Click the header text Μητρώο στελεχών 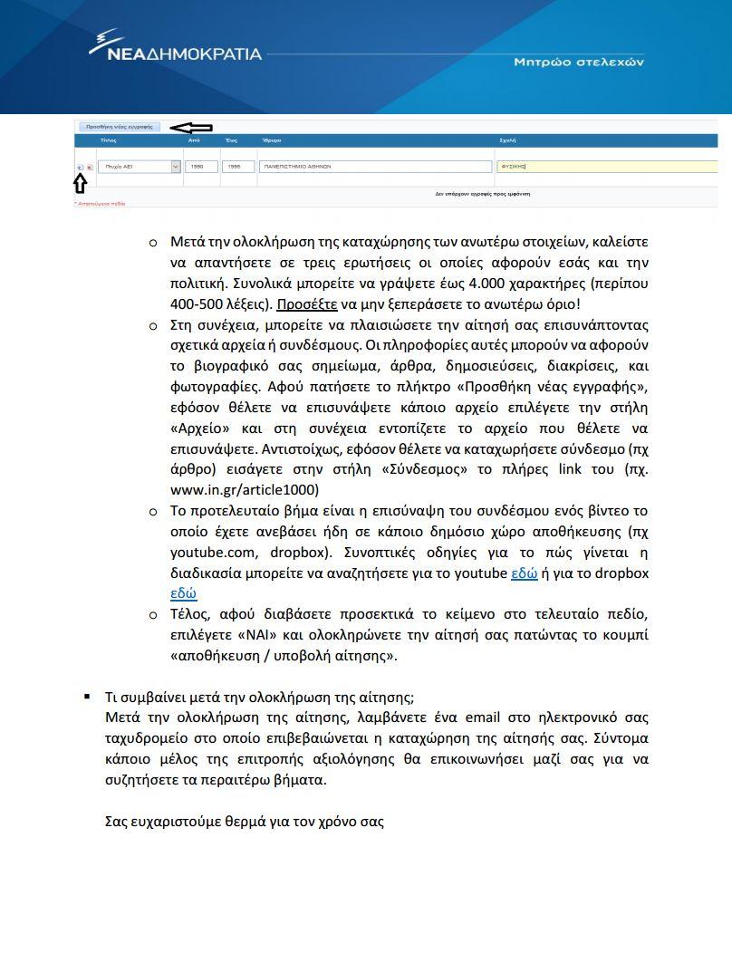(x=579, y=63)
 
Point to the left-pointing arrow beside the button (x=191, y=128)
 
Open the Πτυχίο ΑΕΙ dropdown (x=175, y=167)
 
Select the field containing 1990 (x=200, y=167)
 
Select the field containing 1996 (x=237, y=167)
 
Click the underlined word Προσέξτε (x=306, y=304)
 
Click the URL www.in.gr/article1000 (x=245, y=490)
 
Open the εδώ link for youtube (x=525, y=573)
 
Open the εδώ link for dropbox (x=183, y=594)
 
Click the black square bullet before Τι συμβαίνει (x=87, y=697)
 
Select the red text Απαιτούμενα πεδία (x=100, y=204)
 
